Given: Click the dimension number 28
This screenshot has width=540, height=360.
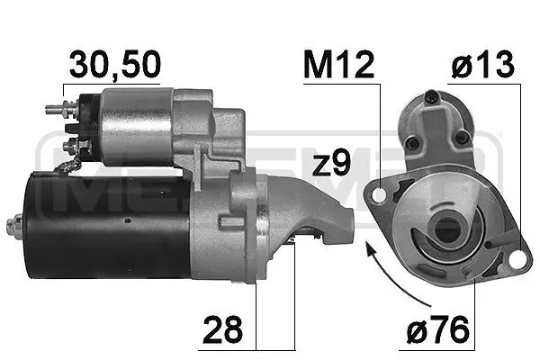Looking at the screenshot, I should pyautogui.click(x=222, y=330).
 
